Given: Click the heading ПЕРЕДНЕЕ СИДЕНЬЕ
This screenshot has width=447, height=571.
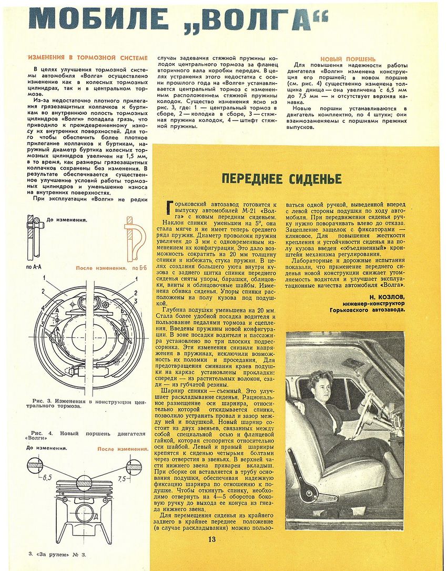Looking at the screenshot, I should [x=281, y=179].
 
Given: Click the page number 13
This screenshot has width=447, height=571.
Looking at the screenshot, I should [x=211, y=538].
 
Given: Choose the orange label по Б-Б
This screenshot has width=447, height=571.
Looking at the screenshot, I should [x=139, y=268].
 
